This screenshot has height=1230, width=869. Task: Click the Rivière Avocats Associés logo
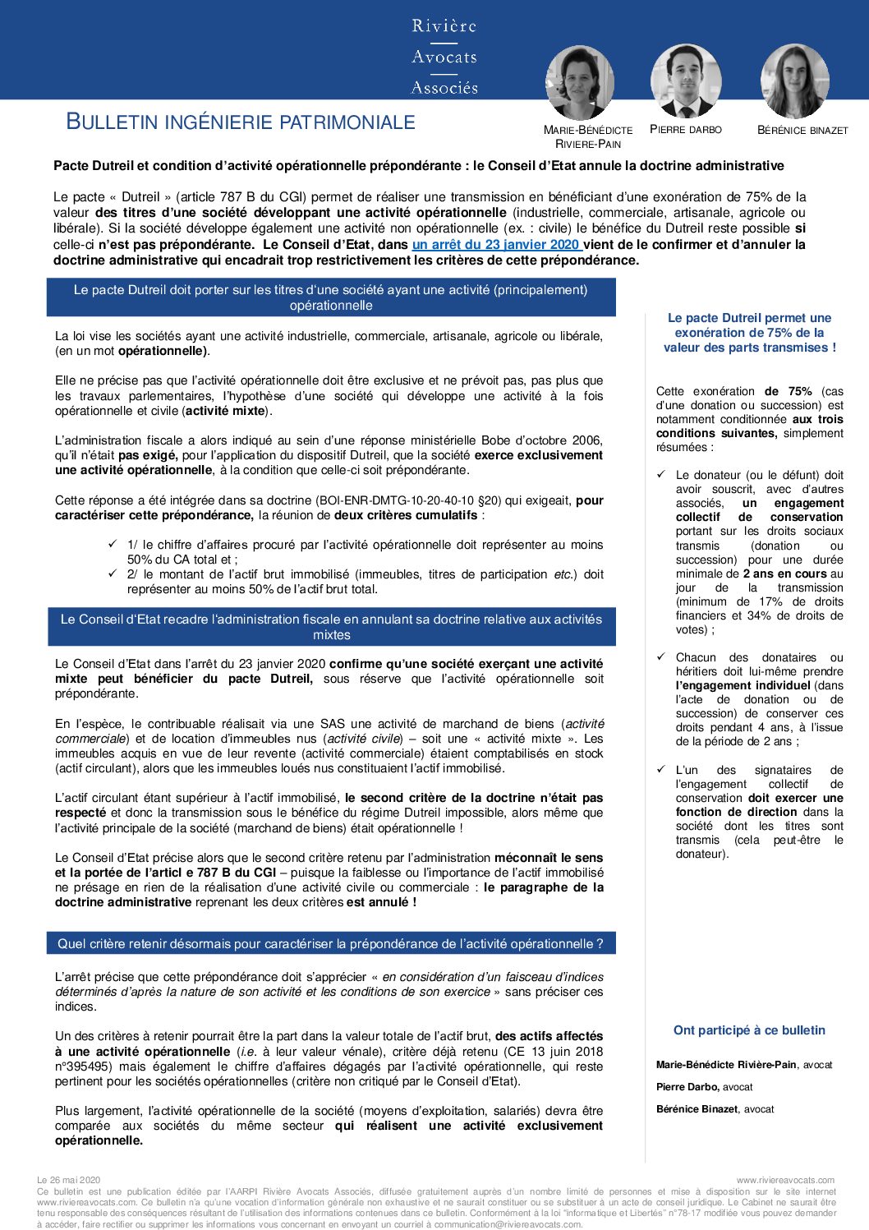click(x=444, y=56)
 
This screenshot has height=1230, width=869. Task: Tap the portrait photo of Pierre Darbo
click(x=686, y=81)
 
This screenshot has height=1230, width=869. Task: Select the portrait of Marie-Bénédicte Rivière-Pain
click(x=580, y=82)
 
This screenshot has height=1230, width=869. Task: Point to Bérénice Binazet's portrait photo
click(x=794, y=81)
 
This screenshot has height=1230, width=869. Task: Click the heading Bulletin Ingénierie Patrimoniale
click(x=241, y=122)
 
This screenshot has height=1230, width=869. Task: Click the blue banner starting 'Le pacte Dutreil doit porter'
click(x=331, y=297)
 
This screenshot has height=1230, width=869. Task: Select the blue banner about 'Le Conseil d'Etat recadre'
click(x=331, y=627)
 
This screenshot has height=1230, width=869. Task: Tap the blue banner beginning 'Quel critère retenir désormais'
click(x=331, y=944)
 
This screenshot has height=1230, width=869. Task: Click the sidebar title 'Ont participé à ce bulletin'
click(x=749, y=1030)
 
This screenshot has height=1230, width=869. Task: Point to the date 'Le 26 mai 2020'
click(x=69, y=1180)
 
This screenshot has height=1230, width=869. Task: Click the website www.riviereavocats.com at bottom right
click(x=785, y=1180)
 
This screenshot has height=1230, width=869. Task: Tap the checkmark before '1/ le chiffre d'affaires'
click(x=113, y=544)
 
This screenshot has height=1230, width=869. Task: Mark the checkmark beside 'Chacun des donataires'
click(x=661, y=656)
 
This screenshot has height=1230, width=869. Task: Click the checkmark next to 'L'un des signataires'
click(x=661, y=769)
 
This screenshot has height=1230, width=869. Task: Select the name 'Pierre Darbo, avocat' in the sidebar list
click(x=704, y=1087)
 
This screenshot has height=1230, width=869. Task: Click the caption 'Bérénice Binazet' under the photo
click(x=802, y=130)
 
